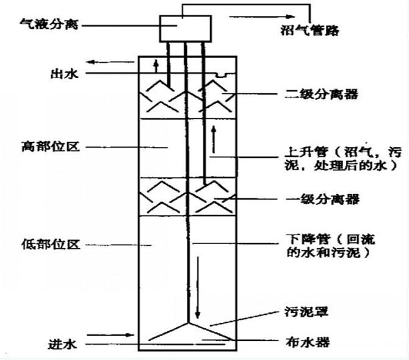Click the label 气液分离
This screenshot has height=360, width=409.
49,25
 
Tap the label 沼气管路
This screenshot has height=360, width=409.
310,30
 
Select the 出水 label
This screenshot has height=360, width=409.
65,73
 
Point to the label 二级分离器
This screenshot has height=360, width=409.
321,94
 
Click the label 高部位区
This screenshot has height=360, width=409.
50,146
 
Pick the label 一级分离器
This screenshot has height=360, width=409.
322,200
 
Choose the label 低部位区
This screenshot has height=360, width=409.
50,244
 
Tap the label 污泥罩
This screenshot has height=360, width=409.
306,311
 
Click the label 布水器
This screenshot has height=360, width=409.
308,342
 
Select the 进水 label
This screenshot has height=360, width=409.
63,344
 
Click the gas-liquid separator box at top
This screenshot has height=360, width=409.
186,29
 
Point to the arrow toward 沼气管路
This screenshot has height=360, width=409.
262,16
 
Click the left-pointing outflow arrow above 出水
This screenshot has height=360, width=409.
110,62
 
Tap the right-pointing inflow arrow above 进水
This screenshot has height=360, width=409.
110,335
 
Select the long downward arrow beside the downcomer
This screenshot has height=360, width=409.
198,287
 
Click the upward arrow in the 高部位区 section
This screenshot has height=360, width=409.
214,140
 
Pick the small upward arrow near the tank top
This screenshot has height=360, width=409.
156,67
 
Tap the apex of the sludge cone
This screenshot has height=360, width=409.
188,323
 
